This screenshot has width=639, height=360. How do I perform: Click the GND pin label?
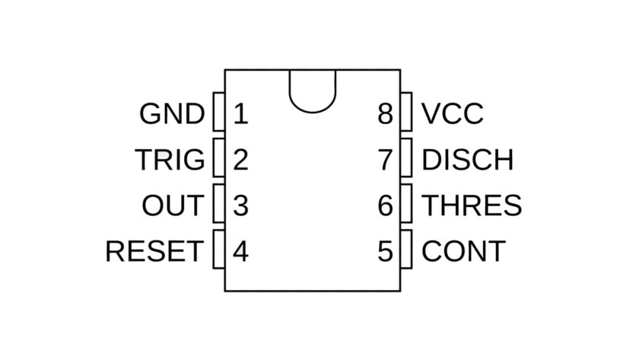(x=172, y=114)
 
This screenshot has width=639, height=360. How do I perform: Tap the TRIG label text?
(x=170, y=160)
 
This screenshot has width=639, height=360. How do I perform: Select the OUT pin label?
(x=173, y=205)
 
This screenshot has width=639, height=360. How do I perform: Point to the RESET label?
(x=154, y=251)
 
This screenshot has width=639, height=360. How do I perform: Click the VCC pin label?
(x=452, y=114)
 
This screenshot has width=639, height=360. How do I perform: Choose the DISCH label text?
(x=467, y=160)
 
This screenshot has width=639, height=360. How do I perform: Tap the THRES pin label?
(x=472, y=205)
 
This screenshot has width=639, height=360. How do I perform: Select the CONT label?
(x=463, y=251)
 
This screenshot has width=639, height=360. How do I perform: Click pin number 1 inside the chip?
(x=240, y=114)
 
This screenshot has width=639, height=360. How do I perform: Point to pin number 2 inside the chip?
(x=240, y=160)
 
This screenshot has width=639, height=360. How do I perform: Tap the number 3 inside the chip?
(x=240, y=205)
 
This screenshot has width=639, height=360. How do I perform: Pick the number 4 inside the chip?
(x=240, y=251)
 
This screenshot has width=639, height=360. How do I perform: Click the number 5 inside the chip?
(x=385, y=251)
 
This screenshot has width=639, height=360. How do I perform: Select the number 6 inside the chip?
(x=385, y=205)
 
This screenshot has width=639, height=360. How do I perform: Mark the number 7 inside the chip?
(x=385, y=160)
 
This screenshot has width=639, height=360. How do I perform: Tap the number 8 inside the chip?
(x=385, y=114)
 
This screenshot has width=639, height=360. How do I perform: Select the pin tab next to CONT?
(x=405, y=250)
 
